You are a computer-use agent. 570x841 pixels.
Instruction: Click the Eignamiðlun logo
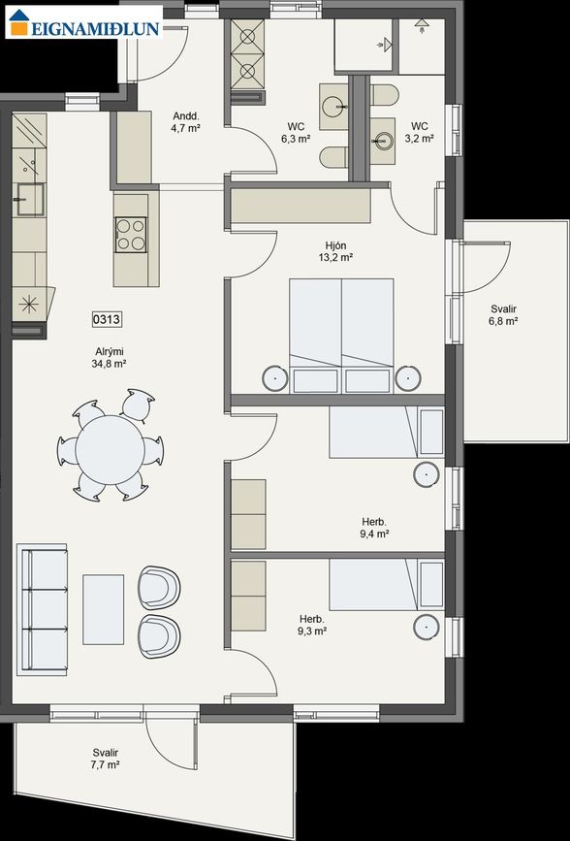click(x=82, y=24)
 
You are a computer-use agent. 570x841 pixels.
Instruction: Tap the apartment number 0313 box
click(x=108, y=318)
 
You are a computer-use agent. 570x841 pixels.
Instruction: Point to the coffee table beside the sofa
click(x=103, y=609)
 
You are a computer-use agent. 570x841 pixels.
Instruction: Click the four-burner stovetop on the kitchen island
click(x=131, y=234)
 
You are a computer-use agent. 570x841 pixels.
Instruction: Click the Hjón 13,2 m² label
click(x=335, y=252)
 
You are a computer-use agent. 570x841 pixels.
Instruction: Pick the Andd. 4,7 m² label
click(x=185, y=121)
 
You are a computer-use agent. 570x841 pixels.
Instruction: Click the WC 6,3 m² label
click(x=297, y=133)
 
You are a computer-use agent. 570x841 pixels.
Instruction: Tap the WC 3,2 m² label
click(x=420, y=132)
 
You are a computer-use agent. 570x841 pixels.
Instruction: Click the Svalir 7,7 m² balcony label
click(x=106, y=759)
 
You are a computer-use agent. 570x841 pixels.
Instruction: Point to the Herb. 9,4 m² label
click(x=373, y=528)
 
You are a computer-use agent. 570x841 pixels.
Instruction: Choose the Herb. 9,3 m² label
click(x=312, y=625)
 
